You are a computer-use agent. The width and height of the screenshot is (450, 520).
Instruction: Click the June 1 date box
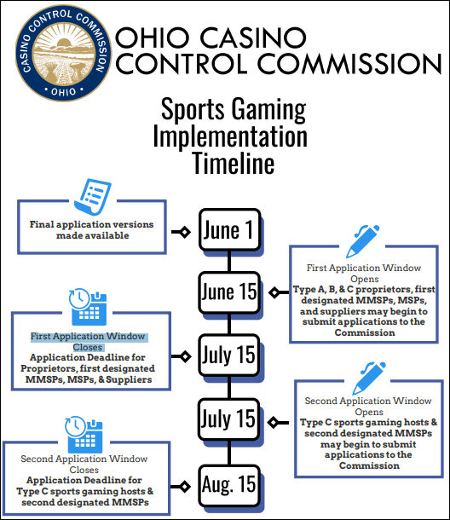pos(229,229)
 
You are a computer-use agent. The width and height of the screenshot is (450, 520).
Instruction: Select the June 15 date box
pos(229,292)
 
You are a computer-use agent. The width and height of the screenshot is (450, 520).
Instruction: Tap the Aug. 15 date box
pos(229,486)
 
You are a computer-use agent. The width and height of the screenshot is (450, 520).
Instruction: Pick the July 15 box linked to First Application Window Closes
pos(229,355)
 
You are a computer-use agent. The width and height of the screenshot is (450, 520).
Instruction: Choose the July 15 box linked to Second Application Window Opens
pos(229,419)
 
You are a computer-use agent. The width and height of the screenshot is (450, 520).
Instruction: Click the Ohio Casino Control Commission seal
pos(64,53)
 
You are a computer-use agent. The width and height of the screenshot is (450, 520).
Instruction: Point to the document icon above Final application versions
pos(93,196)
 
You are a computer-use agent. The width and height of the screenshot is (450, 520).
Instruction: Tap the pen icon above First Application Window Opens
pos(362,241)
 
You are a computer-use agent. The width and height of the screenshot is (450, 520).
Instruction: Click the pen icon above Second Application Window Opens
pos(369,378)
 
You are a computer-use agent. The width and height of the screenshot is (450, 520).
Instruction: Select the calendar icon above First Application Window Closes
pos(88,307)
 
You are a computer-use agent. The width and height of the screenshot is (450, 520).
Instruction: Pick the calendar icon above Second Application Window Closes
pos(84,435)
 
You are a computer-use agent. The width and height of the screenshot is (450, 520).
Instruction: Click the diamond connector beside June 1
pos(185,232)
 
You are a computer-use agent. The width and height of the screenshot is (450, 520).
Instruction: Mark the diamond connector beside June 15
pos(274,293)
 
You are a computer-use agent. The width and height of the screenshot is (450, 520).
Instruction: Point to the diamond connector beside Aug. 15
pos(185,487)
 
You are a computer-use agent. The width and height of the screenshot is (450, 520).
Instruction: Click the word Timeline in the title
pos(234,163)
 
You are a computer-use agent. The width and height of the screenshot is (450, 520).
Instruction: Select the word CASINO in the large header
pos(253,37)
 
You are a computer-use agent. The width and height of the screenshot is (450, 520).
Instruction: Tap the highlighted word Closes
pos(88,347)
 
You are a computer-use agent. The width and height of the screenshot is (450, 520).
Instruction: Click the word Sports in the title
pos(193,109)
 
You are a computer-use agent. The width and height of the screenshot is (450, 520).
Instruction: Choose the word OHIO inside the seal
pos(63,92)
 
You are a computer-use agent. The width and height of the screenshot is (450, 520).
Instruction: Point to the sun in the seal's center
pos(64,43)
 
